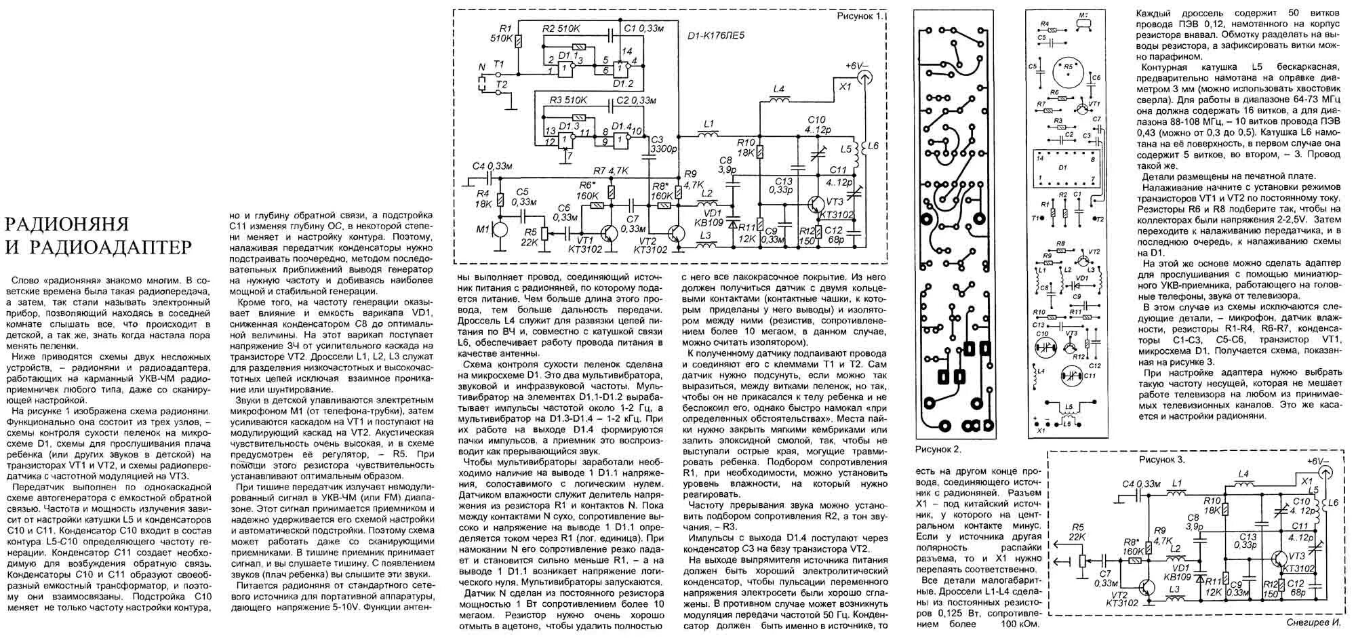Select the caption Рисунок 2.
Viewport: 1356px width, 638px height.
938,450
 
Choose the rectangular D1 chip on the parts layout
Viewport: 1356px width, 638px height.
1063,167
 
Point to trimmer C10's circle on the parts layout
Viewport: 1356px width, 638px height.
1043,347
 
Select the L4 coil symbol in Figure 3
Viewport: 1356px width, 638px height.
1243,485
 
